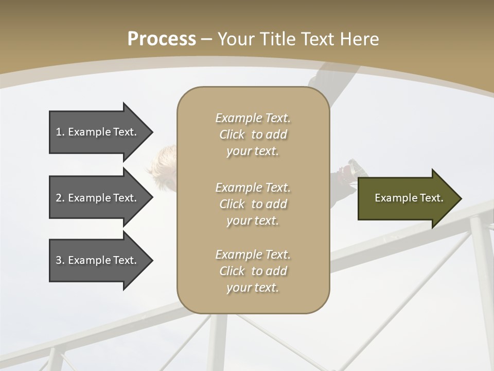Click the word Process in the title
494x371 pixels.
(x=162, y=39)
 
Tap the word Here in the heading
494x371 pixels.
(x=360, y=39)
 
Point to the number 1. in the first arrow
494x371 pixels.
(x=60, y=132)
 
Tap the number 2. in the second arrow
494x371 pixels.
(x=60, y=198)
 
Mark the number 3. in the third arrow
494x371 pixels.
(x=60, y=260)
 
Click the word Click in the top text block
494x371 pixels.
(x=232, y=134)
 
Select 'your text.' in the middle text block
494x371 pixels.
(x=253, y=221)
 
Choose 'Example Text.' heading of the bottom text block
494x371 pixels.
(x=253, y=255)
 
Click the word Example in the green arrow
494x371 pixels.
(x=392, y=198)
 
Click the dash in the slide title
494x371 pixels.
(x=207, y=39)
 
